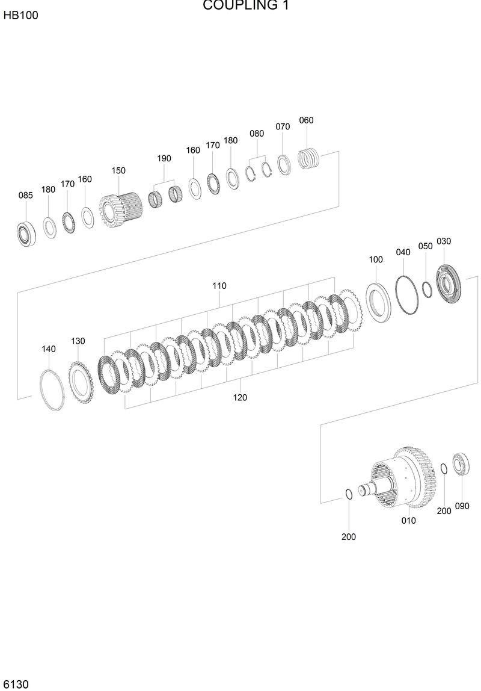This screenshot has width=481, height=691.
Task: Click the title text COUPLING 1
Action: [x=245, y=6]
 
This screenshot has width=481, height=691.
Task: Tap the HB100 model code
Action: [x=20, y=16]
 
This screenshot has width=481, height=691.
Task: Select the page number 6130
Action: [x=16, y=684]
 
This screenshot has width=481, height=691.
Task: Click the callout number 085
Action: [x=25, y=195]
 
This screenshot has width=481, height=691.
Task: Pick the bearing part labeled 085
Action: [x=26, y=234]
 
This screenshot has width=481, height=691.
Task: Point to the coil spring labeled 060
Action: [x=310, y=159]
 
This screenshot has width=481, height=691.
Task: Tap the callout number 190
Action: [x=164, y=158]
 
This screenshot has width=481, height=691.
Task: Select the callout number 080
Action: [x=257, y=134]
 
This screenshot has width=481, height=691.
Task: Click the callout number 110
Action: [x=219, y=286]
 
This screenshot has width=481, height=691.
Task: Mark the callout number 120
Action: [x=240, y=397]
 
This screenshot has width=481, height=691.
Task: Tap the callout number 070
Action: [x=283, y=126]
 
